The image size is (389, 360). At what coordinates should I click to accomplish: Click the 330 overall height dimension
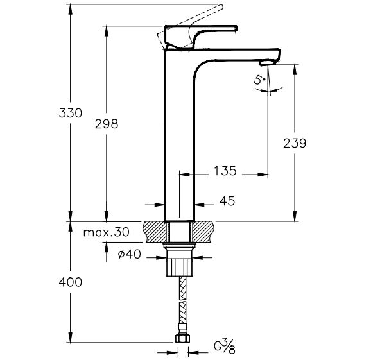(x=70, y=113)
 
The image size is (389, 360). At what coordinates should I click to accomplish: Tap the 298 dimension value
(x=107, y=124)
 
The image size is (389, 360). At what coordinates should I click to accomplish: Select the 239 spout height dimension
(x=295, y=143)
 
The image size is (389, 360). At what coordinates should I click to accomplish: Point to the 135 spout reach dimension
(x=225, y=171)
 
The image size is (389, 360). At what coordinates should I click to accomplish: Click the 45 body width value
(x=227, y=201)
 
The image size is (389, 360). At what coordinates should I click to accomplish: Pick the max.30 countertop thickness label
(x=107, y=232)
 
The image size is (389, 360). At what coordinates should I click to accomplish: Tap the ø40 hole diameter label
(x=129, y=254)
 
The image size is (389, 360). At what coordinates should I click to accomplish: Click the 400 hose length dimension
(x=70, y=282)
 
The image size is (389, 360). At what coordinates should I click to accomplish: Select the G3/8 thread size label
(x=225, y=347)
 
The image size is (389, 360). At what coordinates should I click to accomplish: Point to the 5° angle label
(x=259, y=81)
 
